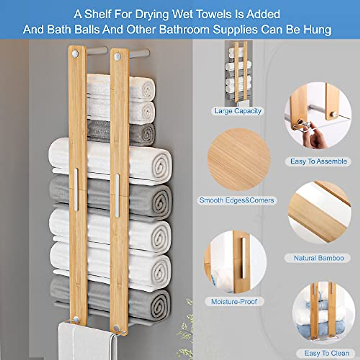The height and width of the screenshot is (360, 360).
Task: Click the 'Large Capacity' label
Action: (238, 111)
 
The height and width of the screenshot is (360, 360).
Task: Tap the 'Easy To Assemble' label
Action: (318, 161)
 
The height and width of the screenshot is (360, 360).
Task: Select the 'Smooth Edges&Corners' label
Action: (237, 200)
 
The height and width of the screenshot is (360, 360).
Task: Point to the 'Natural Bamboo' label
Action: (319, 258)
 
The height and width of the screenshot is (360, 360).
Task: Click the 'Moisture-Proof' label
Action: (234, 301)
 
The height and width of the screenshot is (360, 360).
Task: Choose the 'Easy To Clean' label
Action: (327, 353)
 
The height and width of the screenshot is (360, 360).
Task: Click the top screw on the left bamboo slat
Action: (75, 54)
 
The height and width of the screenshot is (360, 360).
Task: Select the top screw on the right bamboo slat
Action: (118, 56)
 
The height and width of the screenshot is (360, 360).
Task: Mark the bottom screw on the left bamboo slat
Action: (76, 319)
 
